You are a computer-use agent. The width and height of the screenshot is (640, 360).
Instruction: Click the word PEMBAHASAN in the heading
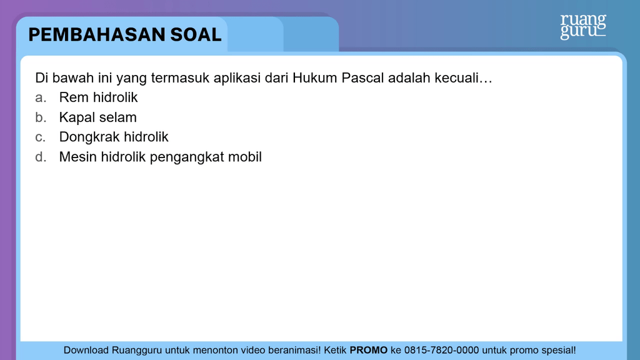pos(97,35)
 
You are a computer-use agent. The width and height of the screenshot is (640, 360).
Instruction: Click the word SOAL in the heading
pos(196,35)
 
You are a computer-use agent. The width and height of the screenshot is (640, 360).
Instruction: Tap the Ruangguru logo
pos(583,26)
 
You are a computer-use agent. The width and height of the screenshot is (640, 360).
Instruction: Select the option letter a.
pos(40,98)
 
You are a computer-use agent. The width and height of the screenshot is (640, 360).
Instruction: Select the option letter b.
pos(40,117)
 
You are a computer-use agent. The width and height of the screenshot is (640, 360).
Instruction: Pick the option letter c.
pos(40,137)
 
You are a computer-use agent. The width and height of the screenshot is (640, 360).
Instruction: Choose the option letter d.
pos(40,157)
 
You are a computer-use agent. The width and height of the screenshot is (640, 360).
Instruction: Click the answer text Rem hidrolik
pos(98,97)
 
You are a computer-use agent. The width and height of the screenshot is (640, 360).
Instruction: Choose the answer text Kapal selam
pos(98,117)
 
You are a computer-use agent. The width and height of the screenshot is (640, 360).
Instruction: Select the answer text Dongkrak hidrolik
pos(114,137)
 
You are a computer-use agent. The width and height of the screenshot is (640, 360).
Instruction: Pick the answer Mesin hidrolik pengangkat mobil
pos(161,157)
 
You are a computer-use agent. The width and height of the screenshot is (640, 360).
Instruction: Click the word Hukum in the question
pos(315,77)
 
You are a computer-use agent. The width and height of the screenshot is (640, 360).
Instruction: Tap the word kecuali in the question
pos(456,77)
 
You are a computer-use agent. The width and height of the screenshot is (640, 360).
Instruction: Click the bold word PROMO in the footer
pos(369,350)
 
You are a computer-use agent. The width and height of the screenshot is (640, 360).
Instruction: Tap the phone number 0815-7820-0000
pos(442,350)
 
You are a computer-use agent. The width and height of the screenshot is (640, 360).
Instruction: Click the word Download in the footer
pos(86,350)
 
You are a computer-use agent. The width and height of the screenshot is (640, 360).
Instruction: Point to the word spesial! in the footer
pos(559,351)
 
